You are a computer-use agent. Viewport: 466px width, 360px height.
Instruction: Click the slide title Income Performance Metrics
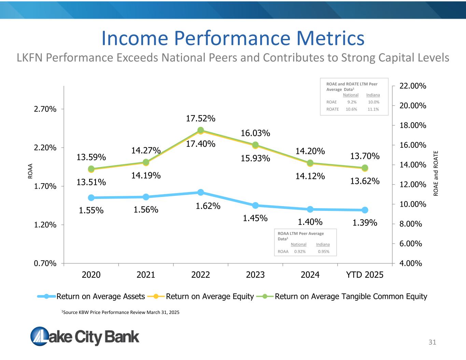(x=233, y=38)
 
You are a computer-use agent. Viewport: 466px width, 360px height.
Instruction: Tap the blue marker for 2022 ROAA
(x=201, y=192)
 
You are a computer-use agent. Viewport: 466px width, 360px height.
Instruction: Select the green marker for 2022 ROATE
(x=201, y=130)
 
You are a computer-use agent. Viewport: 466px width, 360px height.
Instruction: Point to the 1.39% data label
(x=365, y=223)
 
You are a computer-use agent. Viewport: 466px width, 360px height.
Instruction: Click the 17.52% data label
(x=201, y=118)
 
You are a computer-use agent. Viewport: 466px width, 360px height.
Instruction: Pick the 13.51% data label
(x=91, y=182)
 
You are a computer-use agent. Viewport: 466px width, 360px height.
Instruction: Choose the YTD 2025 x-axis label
(x=365, y=275)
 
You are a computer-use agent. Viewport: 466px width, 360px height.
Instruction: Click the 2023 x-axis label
(x=255, y=275)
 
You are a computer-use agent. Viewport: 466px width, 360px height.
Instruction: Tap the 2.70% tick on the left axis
(x=45, y=109)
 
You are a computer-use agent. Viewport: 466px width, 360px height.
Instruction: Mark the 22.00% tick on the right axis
(x=413, y=86)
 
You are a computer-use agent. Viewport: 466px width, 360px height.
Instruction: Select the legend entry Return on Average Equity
(x=210, y=297)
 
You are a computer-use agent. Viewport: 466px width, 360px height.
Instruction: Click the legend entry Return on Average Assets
(x=100, y=297)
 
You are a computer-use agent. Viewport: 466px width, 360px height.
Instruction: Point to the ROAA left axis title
(x=30, y=171)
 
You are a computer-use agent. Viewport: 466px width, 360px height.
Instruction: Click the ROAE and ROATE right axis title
(x=436, y=173)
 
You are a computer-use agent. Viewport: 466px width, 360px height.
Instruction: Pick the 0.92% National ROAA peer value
(x=300, y=251)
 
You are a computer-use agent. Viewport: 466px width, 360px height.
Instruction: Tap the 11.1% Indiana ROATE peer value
(x=373, y=109)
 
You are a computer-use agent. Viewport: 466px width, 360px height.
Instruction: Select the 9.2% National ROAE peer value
(x=352, y=102)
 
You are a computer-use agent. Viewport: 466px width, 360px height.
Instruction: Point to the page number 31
(x=432, y=342)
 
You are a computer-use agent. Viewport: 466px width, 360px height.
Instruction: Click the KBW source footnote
(x=120, y=312)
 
